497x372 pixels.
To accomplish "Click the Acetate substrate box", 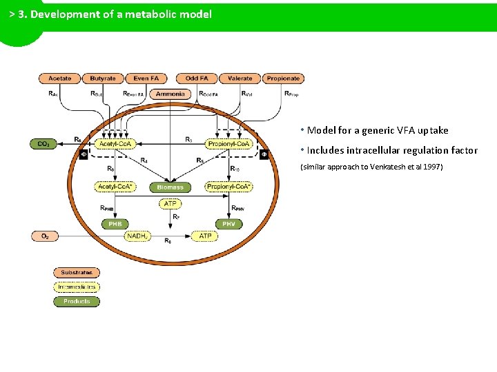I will pos(59,79).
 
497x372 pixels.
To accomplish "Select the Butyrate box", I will pos(103,79).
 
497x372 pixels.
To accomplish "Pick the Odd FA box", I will pos(197,79).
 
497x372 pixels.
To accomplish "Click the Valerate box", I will pos(240,79).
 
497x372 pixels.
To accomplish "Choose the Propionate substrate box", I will pos(283,79).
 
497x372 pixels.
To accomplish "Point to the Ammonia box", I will pos(170,94).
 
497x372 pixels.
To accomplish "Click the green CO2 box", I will pos(43,144).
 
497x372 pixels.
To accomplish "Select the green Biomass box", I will pos(170,187).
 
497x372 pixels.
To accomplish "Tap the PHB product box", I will pos(114,224).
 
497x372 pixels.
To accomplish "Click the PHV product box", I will pos(228,224).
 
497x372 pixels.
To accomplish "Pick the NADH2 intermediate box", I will pos(137,236).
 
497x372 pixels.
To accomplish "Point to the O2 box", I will pos(44,236).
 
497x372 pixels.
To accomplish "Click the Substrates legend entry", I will pos(77,273).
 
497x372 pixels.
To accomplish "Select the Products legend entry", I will pos(77,301).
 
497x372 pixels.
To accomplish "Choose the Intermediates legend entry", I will pos(77,287).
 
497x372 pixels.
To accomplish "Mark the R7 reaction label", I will pos(176,217).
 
